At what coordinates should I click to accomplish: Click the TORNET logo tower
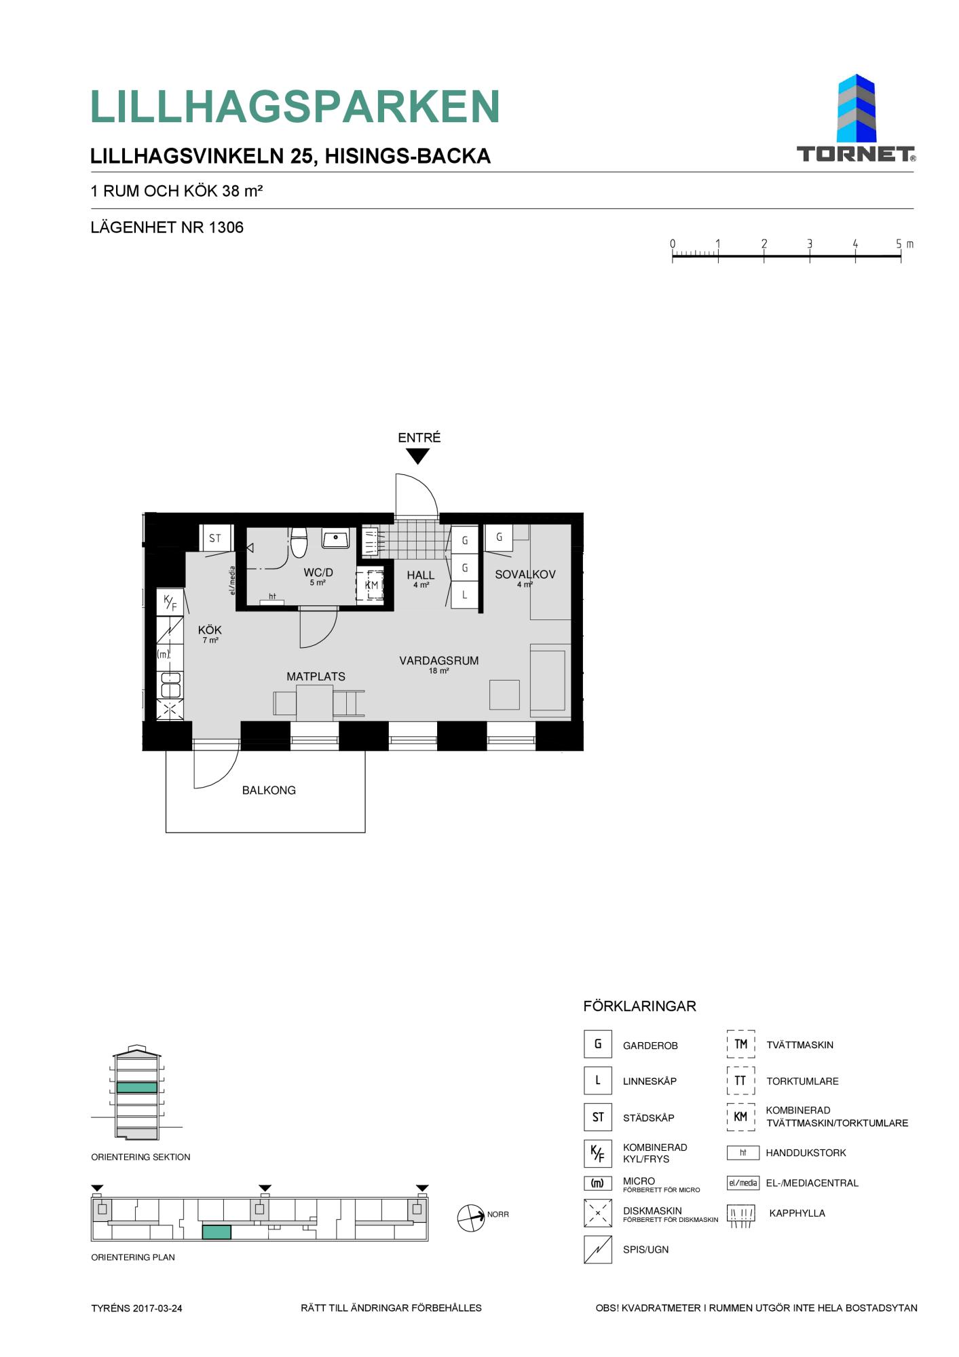(856, 109)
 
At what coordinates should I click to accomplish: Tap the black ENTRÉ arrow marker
(417, 457)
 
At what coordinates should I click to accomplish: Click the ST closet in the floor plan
(215, 538)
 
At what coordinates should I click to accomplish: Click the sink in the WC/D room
(335, 539)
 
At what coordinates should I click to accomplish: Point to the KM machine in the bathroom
(371, 585)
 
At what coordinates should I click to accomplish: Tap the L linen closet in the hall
(465, 595)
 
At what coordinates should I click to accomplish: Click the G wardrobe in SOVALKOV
(499, 537)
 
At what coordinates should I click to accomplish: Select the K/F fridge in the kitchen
(170, 602)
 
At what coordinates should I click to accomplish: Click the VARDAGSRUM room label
(439, 660)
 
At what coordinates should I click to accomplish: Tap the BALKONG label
(269, 790)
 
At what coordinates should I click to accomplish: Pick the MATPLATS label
(316, 676)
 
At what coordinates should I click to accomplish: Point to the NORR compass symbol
(471, 1218)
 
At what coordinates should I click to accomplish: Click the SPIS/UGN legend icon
(597, 1249)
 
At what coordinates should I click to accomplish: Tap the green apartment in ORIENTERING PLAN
(217, 1231)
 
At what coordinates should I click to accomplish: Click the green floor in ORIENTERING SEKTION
(137, 1087)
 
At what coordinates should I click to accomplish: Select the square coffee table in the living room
(504, 695)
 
